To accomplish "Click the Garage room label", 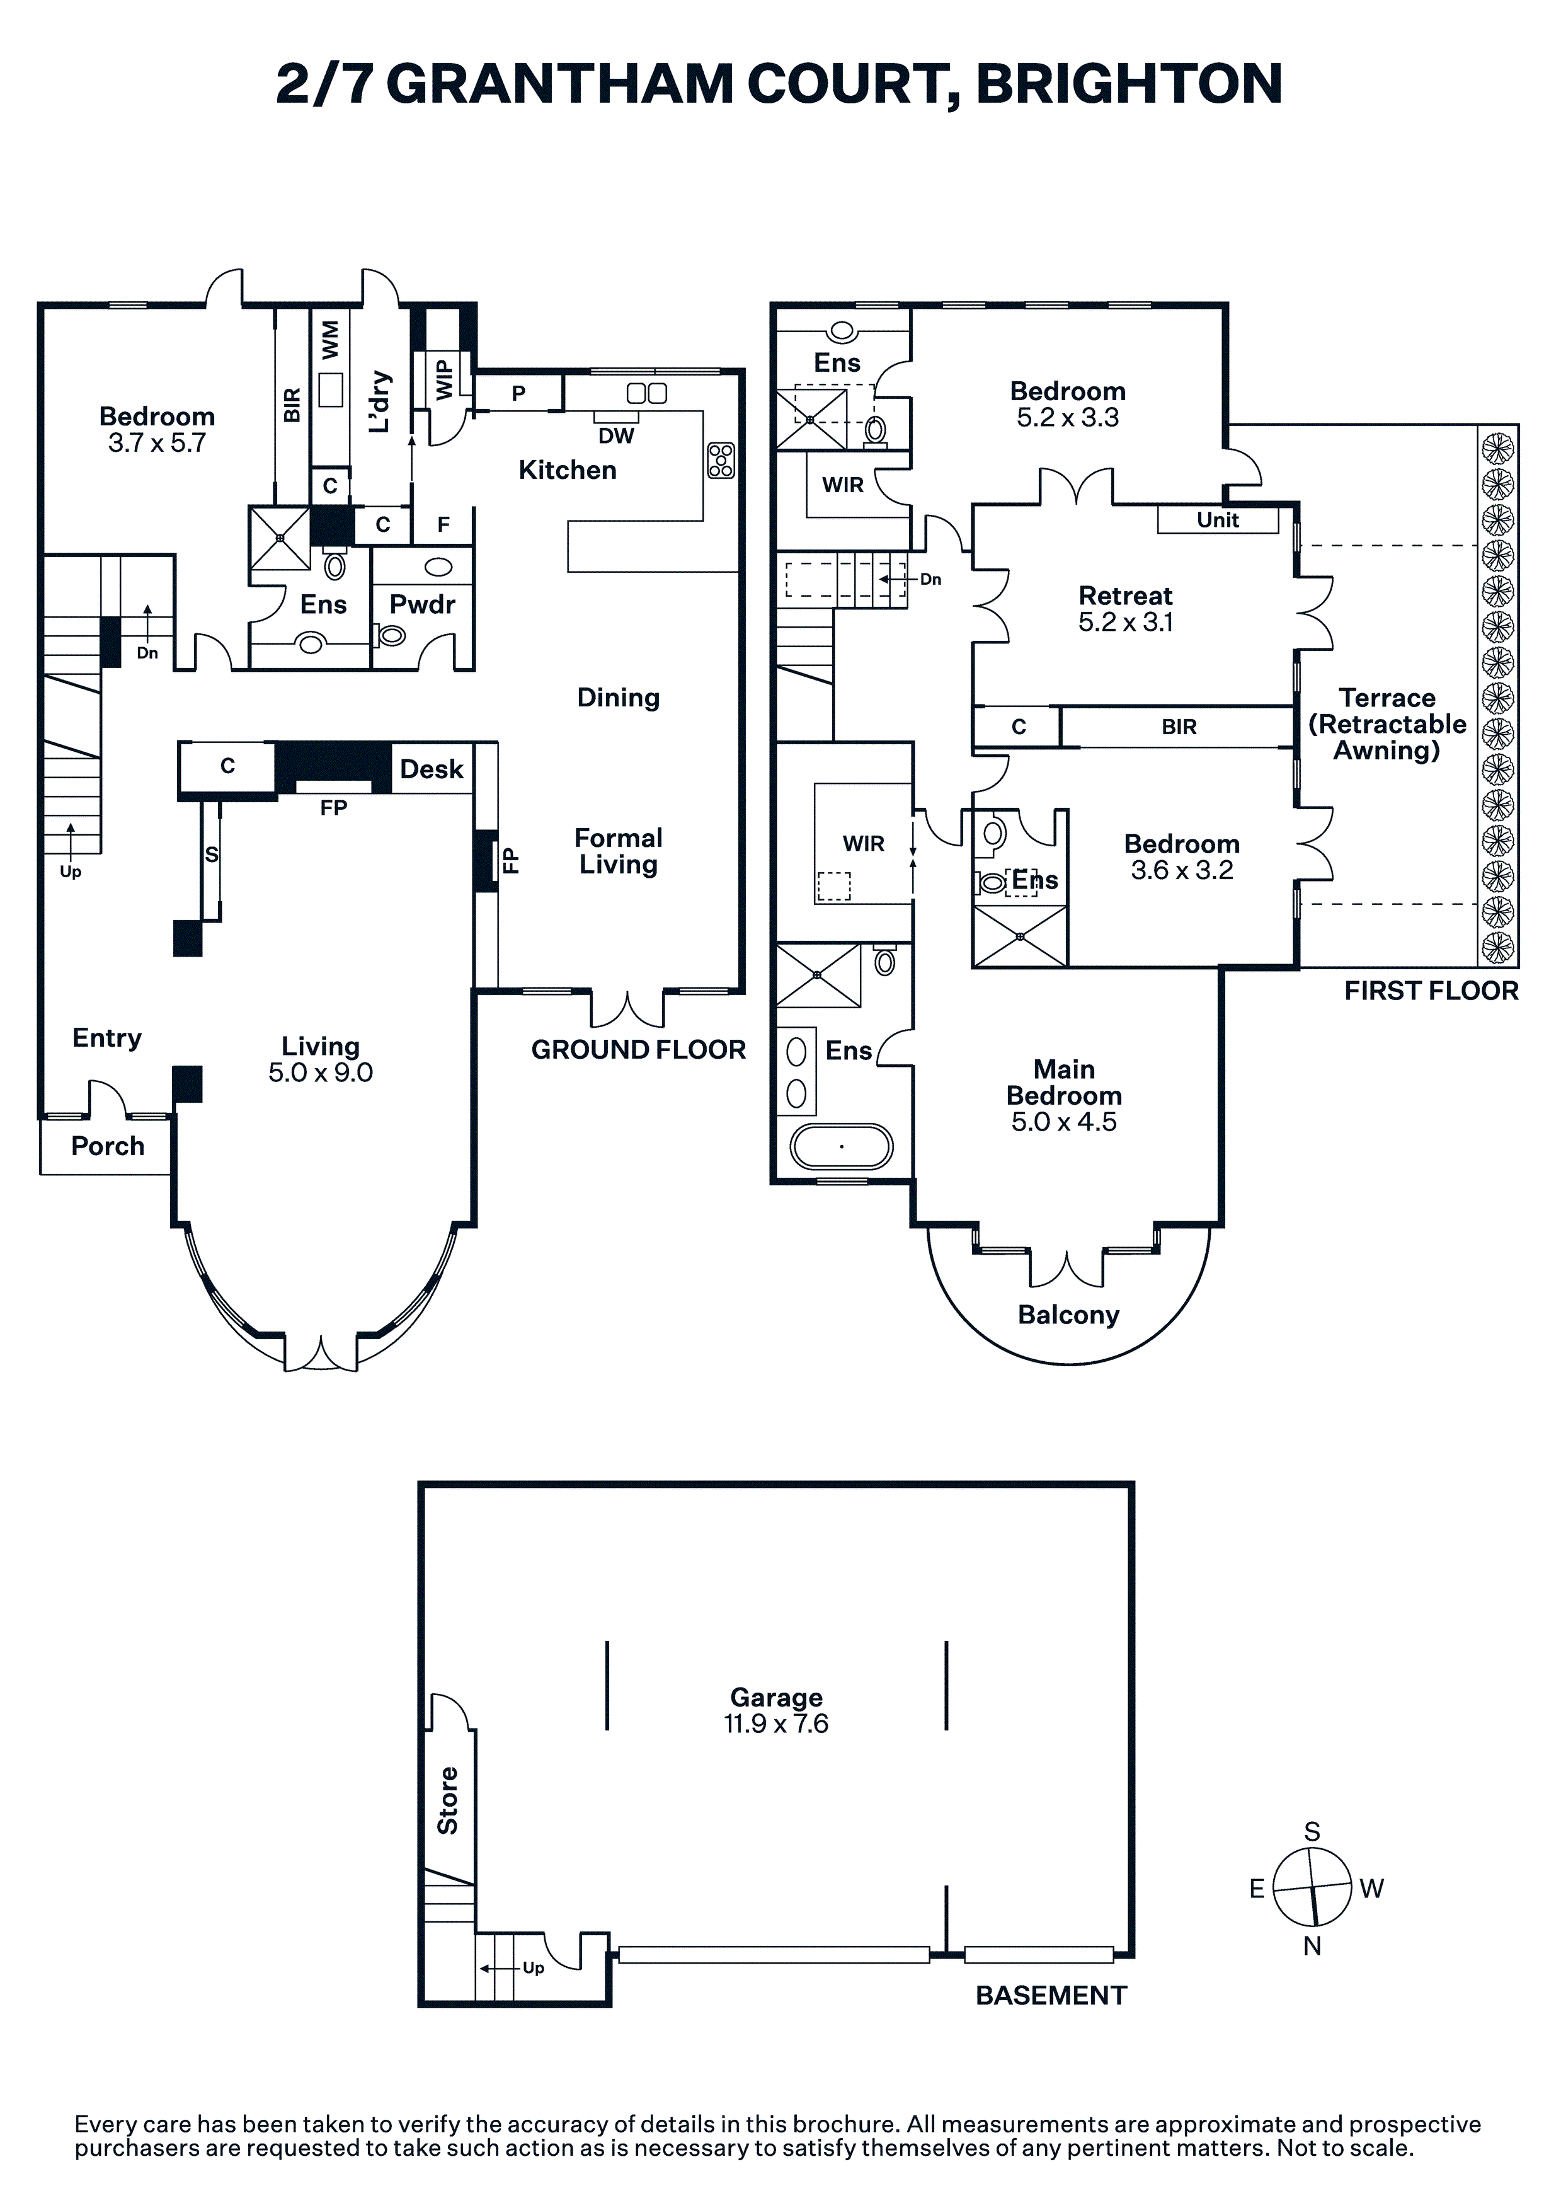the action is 775,1698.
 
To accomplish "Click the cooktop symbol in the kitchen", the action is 721,460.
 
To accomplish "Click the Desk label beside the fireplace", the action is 431,769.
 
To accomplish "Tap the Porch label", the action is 108,1146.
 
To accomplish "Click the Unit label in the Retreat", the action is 1218,520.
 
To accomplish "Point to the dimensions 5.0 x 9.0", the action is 321,1073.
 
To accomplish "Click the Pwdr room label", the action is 421,604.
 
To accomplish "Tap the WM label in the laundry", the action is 330,340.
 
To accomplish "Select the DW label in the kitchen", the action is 616,436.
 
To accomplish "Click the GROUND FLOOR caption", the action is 638,1049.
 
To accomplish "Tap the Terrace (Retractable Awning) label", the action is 1387,724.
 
